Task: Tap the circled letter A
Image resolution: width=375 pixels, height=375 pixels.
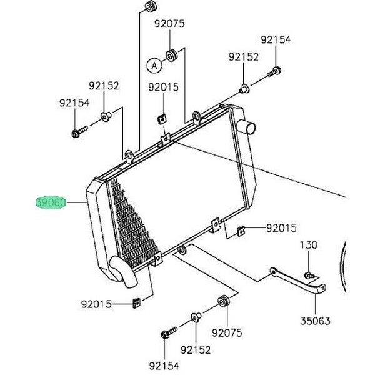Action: (x=154, y=63)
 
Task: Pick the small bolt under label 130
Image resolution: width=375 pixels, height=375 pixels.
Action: (x=309, y=273)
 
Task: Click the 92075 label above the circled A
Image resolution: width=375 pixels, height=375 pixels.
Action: (x=169, y=24)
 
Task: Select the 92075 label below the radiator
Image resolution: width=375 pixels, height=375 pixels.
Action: (x=226, y=333)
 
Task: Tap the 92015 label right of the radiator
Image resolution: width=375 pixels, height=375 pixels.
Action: (x=281, y=229)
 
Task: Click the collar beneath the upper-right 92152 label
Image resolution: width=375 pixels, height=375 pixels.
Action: (x=245, y=87)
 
